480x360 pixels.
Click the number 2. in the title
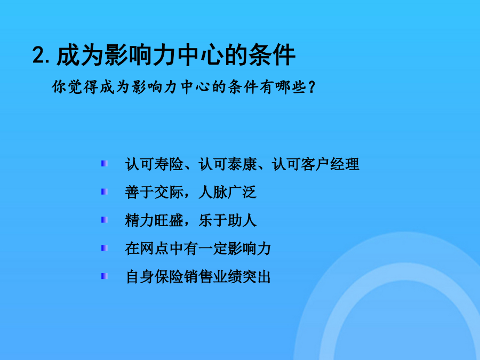(x=41, y=55)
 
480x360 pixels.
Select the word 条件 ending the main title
(x=272, y=55)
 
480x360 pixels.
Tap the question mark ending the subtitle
(x=311, y=87)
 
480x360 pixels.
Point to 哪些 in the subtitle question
(x=291, y=87)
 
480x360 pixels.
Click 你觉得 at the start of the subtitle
(x=75, y=87)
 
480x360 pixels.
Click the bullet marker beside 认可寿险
(x=105, y=164)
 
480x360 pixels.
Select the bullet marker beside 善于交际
(x=105, y=192)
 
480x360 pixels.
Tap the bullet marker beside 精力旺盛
(x=105, y=220)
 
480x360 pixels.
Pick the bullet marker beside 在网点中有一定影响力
(x=105, y=248)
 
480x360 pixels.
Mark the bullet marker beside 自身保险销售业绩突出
(x=105, y=276)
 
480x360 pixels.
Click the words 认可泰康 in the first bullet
(x=227, y=164)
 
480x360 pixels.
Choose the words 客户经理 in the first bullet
(x=330, y=164)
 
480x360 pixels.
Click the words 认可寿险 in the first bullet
(x=154, y=164)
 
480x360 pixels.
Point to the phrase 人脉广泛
(x=227, y=192)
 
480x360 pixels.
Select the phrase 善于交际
(x=154, y=192)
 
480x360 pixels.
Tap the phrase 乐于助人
(x=227, y=220)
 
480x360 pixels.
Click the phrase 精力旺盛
(x=154, y=220)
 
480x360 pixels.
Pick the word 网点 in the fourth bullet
(x=154, y=248)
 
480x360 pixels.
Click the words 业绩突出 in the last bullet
(x=242, y=276)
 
